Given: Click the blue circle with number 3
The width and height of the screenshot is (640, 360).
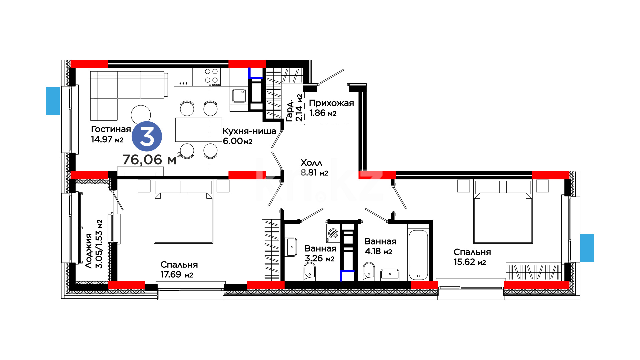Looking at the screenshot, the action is click(147, 136).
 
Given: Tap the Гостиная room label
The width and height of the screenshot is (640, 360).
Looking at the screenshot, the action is click(111, 129).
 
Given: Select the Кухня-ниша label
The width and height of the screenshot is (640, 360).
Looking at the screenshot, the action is click(249, 131).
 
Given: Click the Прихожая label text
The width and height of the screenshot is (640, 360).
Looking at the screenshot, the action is click(331, 103).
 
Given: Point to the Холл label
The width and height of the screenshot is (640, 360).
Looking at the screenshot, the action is click(311, 163).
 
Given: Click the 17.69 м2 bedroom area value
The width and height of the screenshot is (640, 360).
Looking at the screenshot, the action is click(177, 275).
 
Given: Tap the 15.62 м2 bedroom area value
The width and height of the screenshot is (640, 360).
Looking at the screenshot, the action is click(470, 262).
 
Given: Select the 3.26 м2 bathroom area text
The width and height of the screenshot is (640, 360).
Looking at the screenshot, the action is click(320, 258).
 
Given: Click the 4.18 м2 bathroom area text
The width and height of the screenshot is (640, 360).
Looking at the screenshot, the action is click(378, 251).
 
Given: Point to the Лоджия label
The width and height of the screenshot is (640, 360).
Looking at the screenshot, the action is click(88, 251).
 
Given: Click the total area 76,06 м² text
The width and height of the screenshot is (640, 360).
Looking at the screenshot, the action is click(152, 159).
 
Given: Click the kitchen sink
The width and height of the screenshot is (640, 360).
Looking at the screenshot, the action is click(239, 96).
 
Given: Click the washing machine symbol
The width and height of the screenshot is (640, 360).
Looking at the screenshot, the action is click(333, 233).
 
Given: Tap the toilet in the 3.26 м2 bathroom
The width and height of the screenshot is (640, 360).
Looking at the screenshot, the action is click(310, 271).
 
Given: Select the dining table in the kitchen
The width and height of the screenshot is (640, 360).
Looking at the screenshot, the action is click(199, 130).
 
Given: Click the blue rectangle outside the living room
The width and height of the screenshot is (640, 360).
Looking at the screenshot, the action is click(53, 101).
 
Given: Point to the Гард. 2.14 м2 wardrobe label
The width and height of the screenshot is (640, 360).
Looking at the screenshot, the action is click(295, 108).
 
